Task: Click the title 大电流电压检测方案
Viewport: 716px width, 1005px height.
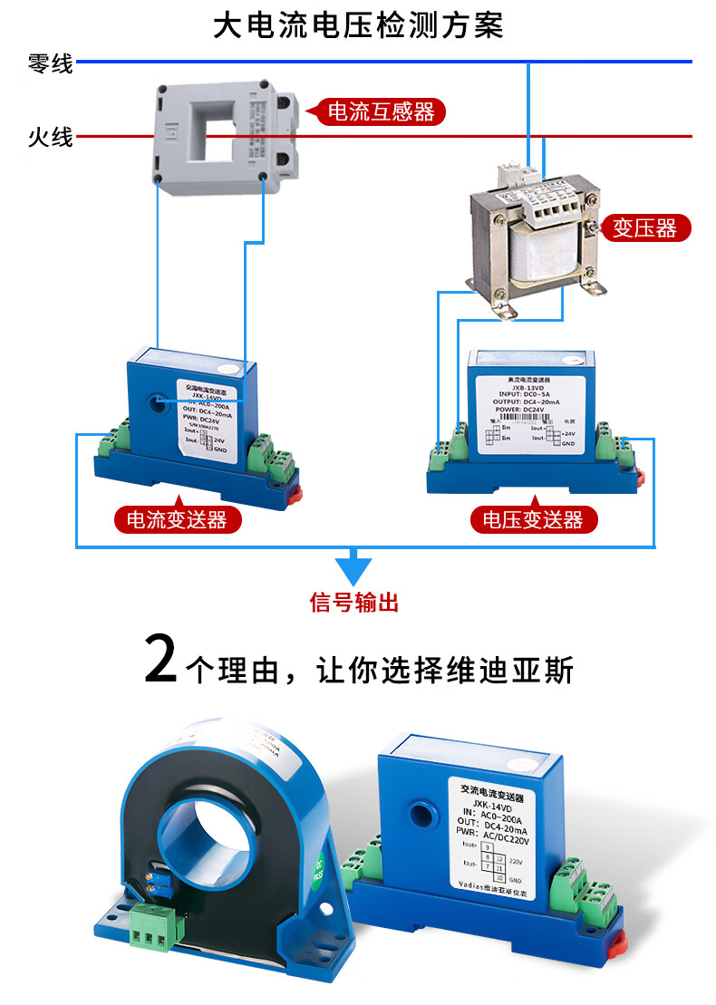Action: point(357,24)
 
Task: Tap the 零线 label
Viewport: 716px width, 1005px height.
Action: point(51,63)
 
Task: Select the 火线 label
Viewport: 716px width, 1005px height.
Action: point(51,138)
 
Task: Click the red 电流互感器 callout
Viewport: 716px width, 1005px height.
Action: point(380,112)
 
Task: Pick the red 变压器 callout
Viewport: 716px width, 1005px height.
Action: point(644,227)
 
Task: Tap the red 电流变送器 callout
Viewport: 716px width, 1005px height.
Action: point(176,519)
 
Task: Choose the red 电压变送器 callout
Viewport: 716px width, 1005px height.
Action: point(533,519)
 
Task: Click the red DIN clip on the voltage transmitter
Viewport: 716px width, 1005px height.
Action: point(637,477)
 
